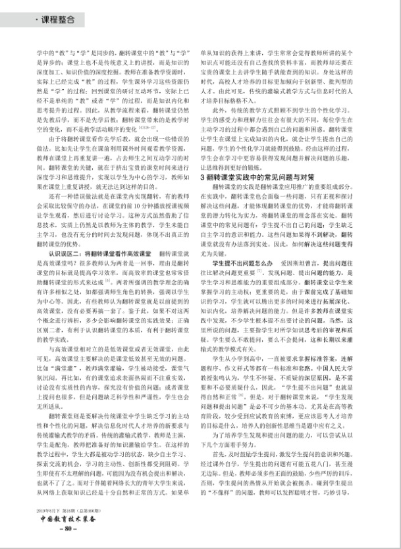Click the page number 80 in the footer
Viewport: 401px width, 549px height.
(x=68, y=528)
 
